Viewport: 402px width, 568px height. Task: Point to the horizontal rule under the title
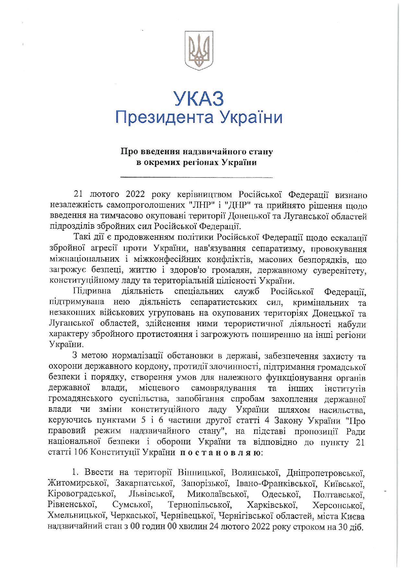coord(196,177)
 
